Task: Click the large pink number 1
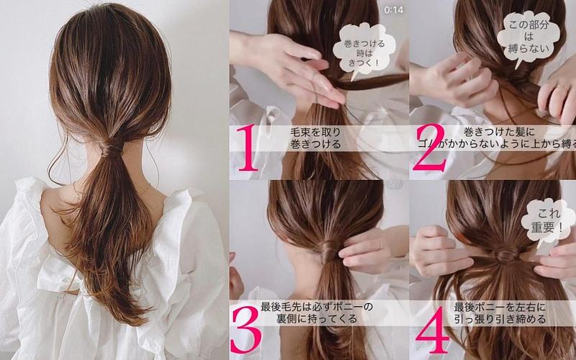[247, 148]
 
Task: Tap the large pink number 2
[429, 148]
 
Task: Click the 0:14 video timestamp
[393, 10]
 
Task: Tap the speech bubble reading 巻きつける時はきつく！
[364, 50]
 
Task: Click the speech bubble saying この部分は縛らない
[528, 37]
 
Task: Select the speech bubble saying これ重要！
[548, 221]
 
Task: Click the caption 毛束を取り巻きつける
[315, 138]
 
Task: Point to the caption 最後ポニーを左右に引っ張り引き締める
[500, 312]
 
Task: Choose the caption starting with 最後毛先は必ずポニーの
[317, 312]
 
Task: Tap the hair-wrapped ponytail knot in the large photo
[111, 148]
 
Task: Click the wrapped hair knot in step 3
[329, 251]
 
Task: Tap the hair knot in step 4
[506, 253]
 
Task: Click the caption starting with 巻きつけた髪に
[496, 138]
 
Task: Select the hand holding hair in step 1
[290, 66]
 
